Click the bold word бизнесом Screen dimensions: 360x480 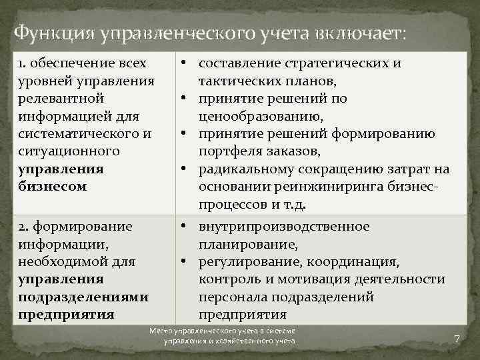[53, 186]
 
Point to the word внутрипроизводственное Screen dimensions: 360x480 [283, 227]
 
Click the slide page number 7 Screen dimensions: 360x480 [457, 339]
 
